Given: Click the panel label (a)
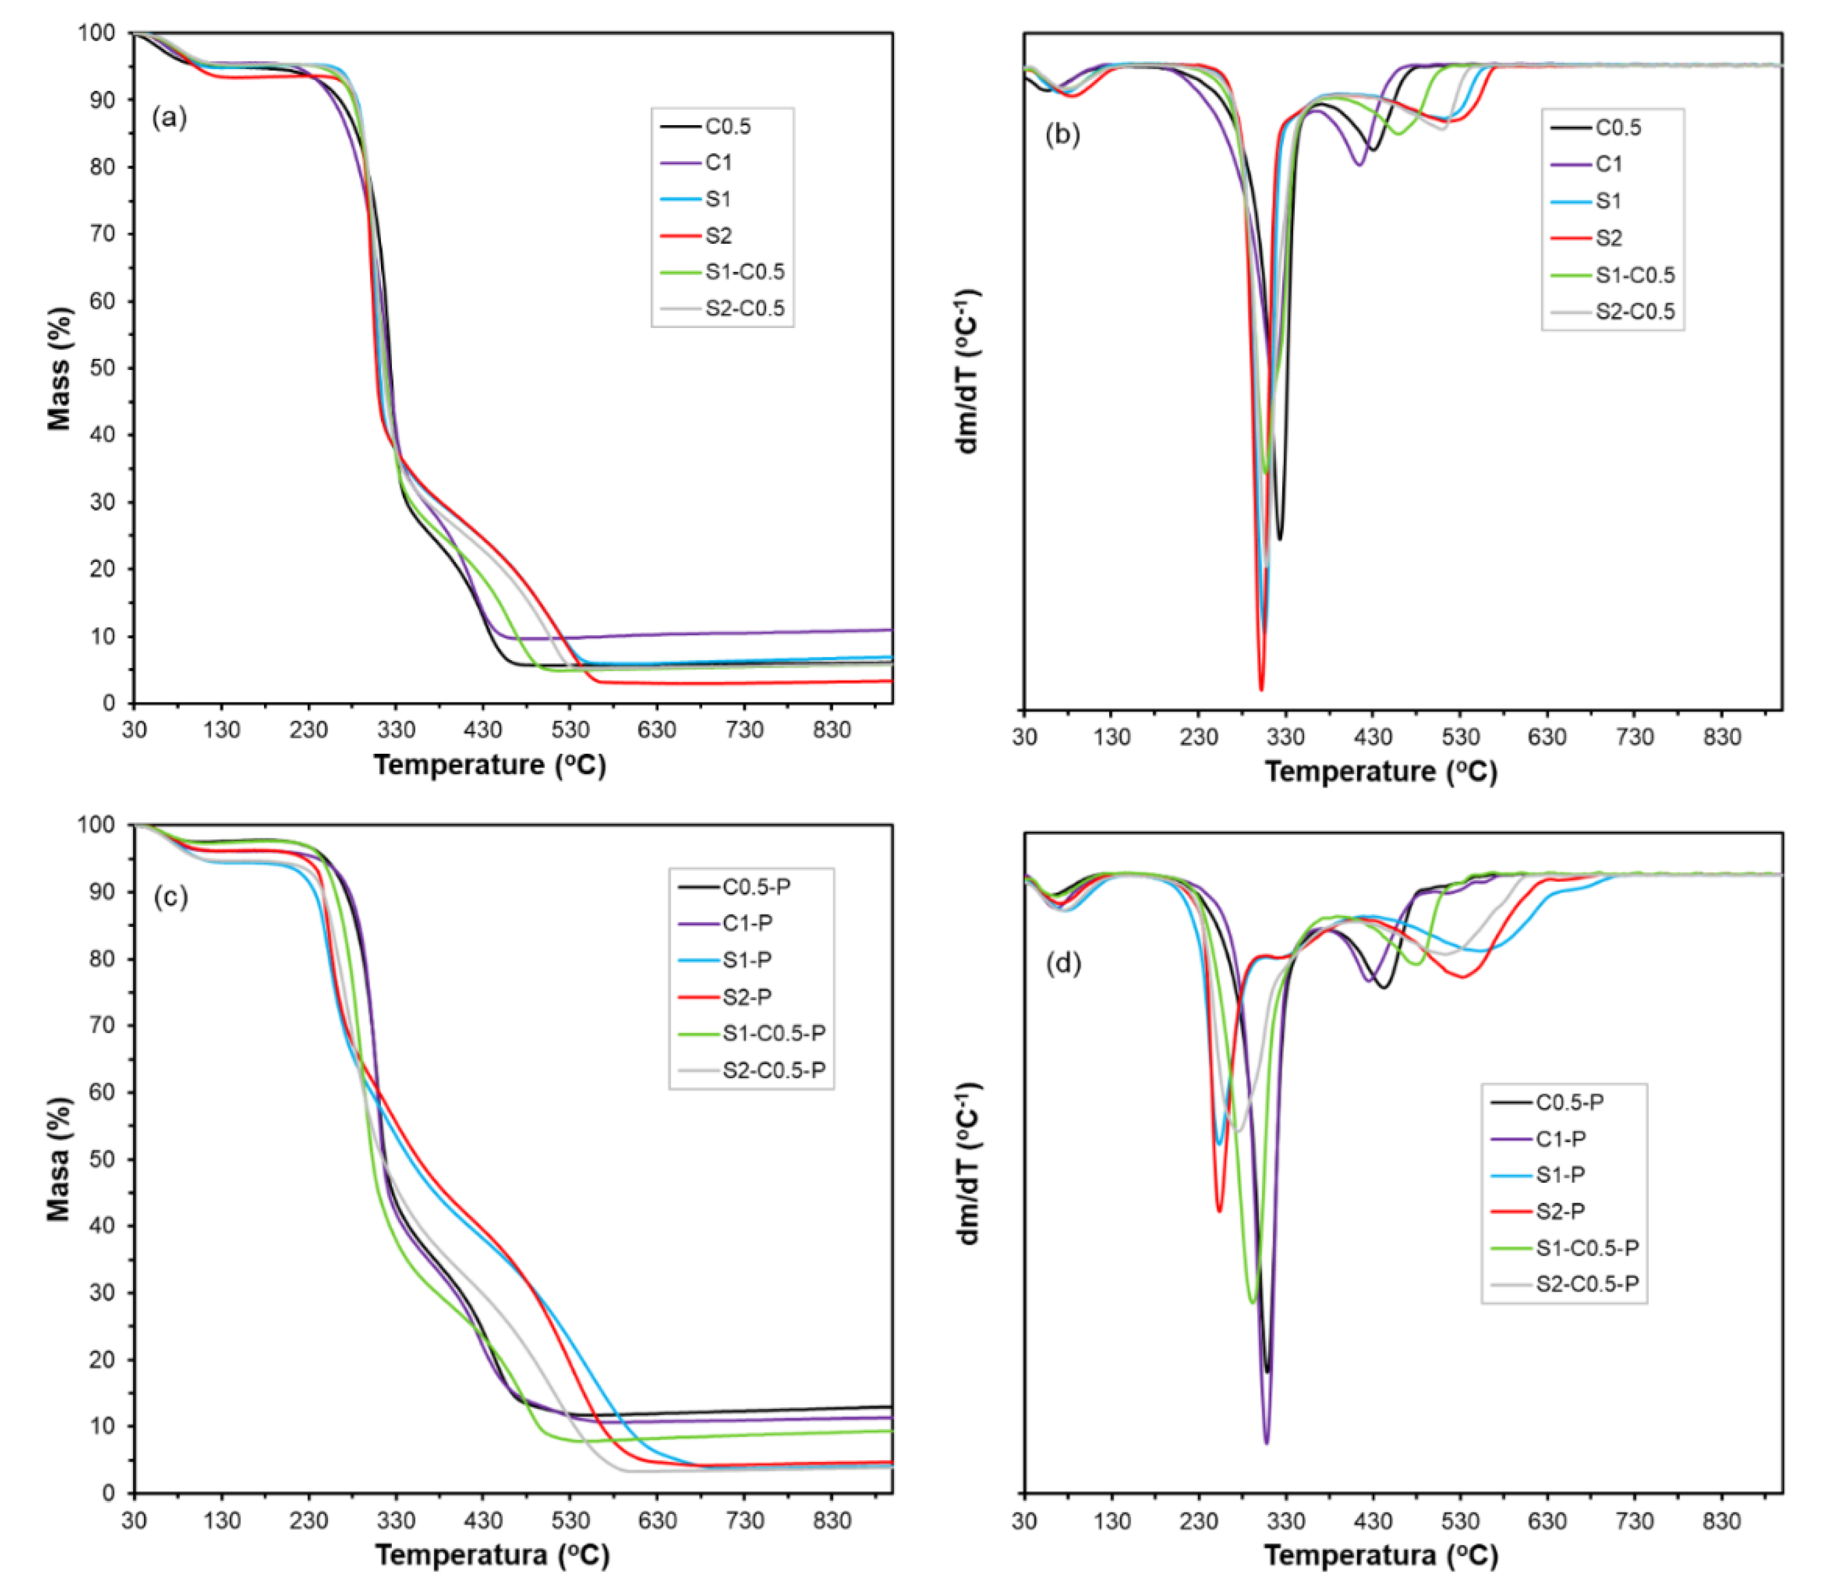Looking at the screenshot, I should (169, 116).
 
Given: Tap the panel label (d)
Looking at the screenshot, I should (1063, 962).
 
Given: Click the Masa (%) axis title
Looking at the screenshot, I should (59, 1159).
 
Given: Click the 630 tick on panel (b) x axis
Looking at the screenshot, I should (1547, 737).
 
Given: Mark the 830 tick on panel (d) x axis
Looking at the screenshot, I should (1721, 1521).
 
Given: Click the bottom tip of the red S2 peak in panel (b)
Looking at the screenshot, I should (1261, 689).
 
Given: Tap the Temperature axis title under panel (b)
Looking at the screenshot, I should (1380, 771).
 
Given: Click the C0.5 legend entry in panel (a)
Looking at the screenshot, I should (727, 126).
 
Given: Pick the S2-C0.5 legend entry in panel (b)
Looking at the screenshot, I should (1634, 312).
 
